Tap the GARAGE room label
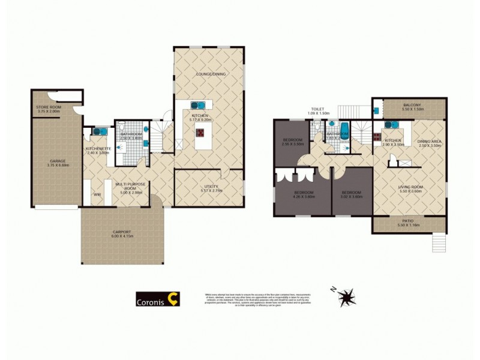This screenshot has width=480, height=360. click(58, 161)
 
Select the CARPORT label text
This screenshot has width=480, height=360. click(122, 232)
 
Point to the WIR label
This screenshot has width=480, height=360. click(97, 194)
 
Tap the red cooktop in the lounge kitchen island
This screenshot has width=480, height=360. click(200, 133)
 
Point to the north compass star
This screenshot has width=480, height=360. click(346, 296)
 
